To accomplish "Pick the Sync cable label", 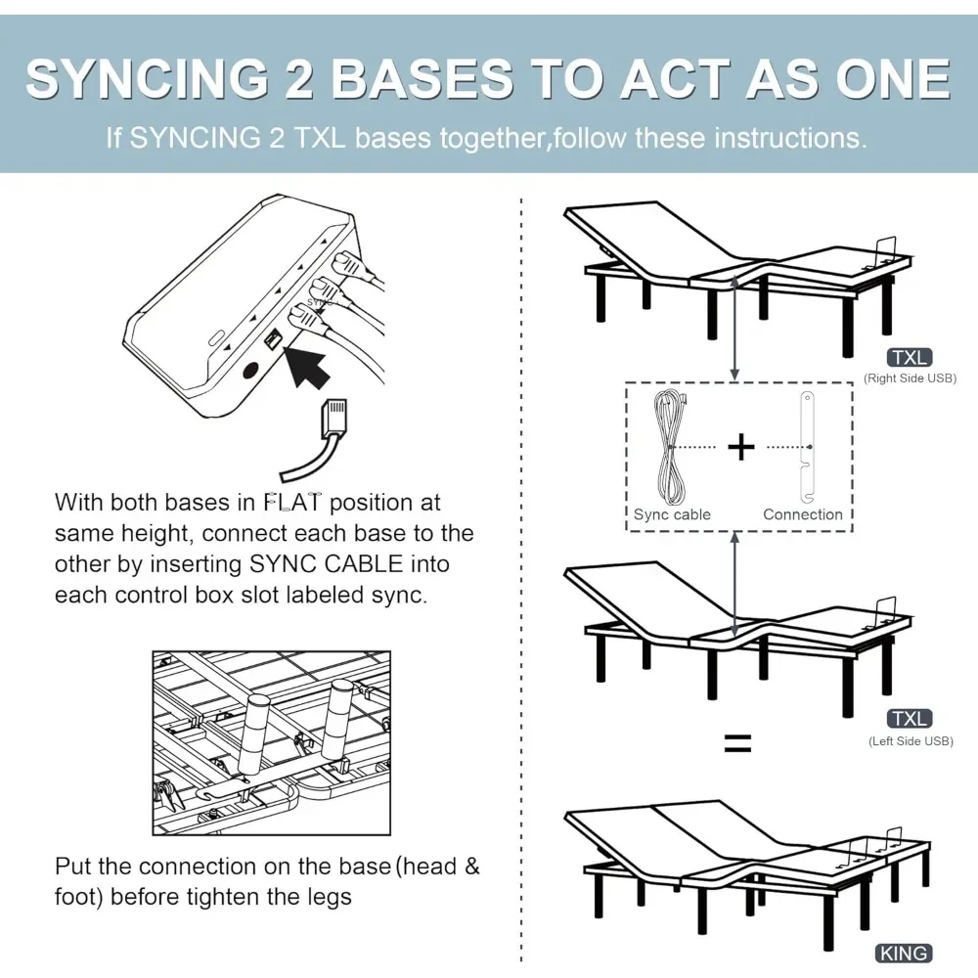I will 672,514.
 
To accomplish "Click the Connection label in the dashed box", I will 802,514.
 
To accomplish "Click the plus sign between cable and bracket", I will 741,447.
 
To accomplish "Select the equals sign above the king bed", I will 737,744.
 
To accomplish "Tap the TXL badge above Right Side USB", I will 909,358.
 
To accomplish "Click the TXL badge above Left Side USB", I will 909,720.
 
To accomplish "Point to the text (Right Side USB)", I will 909,378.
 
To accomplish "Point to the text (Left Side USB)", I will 910,741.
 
